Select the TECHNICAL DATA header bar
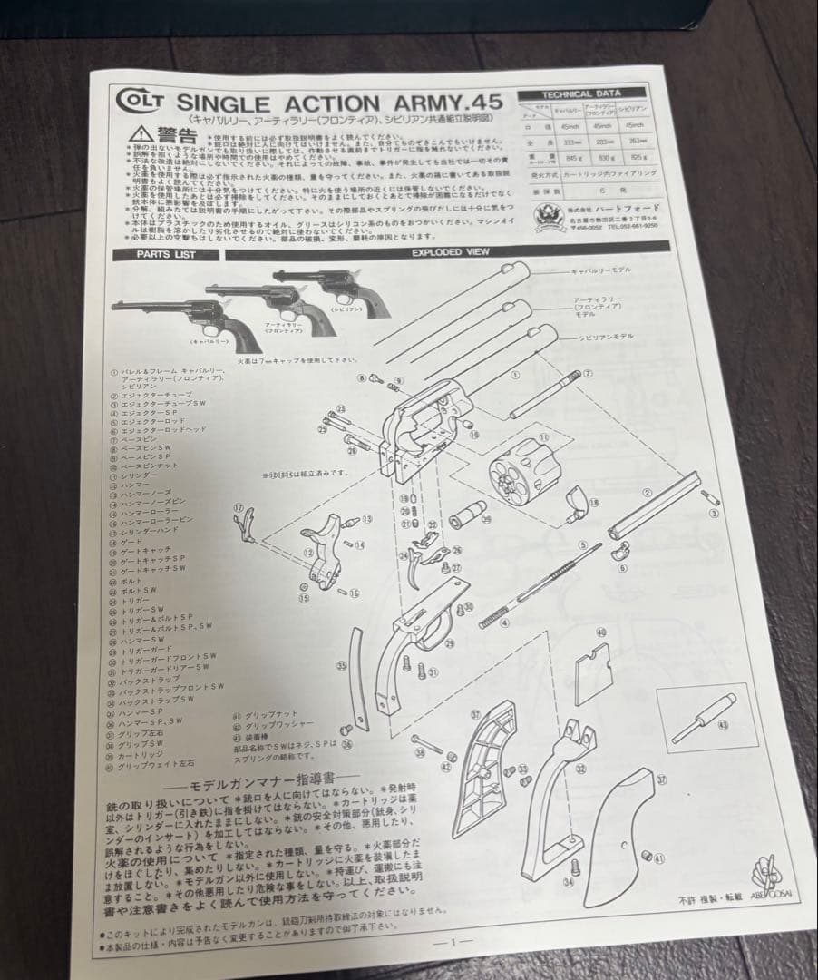pyautogui.click(x=581, y=93)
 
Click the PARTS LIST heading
pyautogui.click(x=166, y=254)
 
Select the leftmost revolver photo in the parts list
pyautogui.click(x=186, y=318)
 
